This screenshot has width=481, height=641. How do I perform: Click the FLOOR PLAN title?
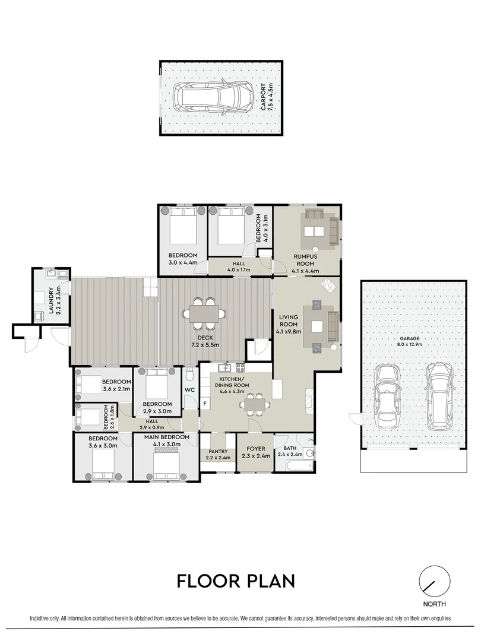click(x=236, y=580)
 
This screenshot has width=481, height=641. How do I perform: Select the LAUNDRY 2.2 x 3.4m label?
click(x=55, y=301)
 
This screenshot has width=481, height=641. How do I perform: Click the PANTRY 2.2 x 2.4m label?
click(x=217, y=454)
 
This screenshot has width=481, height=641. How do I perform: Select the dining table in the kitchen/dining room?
click(x=254, y=405)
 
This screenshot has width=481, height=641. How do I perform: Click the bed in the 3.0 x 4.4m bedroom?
click(x=182, y=229)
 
